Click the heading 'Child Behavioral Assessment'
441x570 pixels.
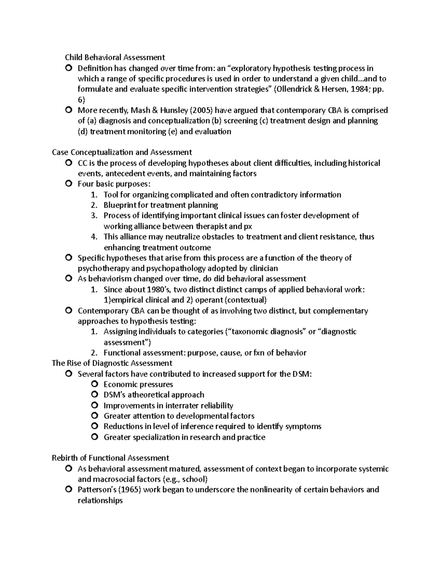[x=115, y=57]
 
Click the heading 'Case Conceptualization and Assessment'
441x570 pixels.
[x=122, y=152]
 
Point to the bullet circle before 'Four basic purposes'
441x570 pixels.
[x=68, y=184]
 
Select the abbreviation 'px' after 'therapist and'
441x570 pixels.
[x=248, y=226]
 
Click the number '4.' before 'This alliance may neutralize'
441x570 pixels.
[x=94, y=237]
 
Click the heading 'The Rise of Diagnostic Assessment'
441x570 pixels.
[x=112, y=363]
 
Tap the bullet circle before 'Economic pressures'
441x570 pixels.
[x=94, y=384]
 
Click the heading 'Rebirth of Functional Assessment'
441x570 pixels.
[x=110, y=458]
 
